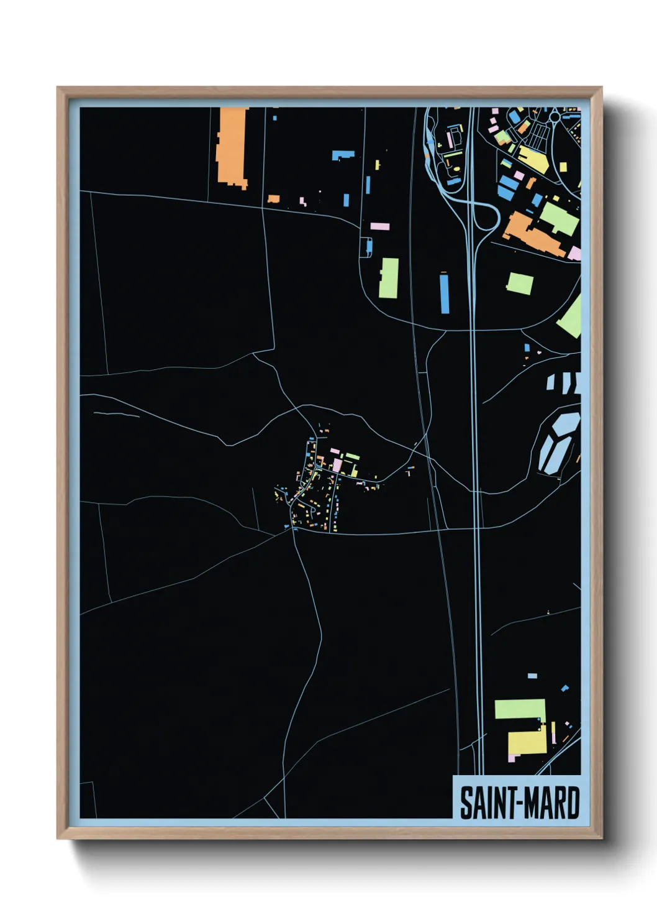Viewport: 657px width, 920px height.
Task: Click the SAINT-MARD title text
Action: (519, 803)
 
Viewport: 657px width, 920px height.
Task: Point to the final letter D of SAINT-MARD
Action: (571, 803)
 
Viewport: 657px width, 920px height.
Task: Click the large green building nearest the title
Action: (520, 709)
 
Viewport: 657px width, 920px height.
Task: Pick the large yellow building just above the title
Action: (527, 742)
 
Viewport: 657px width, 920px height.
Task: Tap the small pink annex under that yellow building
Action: (512, 757)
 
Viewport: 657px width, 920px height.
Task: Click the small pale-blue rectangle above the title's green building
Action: (532, 675)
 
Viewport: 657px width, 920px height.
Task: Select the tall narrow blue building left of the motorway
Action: (445, 293)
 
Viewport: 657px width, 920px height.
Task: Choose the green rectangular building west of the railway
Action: (389, 278)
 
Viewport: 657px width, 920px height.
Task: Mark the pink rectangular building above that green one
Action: (380, 226)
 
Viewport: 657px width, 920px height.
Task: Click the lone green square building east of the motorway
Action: (520, 283)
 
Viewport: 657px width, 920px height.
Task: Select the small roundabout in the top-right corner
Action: (553, 116)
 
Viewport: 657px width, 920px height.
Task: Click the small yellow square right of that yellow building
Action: (563, 167)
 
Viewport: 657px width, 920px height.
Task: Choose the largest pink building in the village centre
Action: (337, 465)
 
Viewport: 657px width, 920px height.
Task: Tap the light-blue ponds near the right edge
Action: (558, 441)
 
